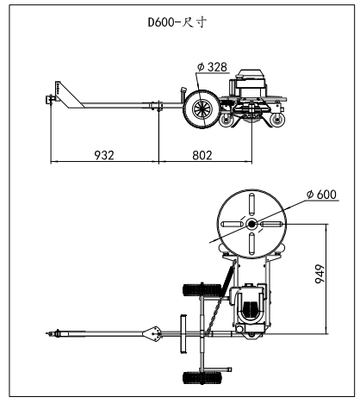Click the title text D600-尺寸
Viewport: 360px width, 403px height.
177,22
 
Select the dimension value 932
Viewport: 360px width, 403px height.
104,155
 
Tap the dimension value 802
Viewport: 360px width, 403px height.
202,155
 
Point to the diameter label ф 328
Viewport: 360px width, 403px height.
212,67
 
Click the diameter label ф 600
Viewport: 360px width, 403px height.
321,195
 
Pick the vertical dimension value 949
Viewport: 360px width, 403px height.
320,274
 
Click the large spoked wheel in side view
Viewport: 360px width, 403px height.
202,109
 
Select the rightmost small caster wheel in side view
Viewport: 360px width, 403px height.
277,120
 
